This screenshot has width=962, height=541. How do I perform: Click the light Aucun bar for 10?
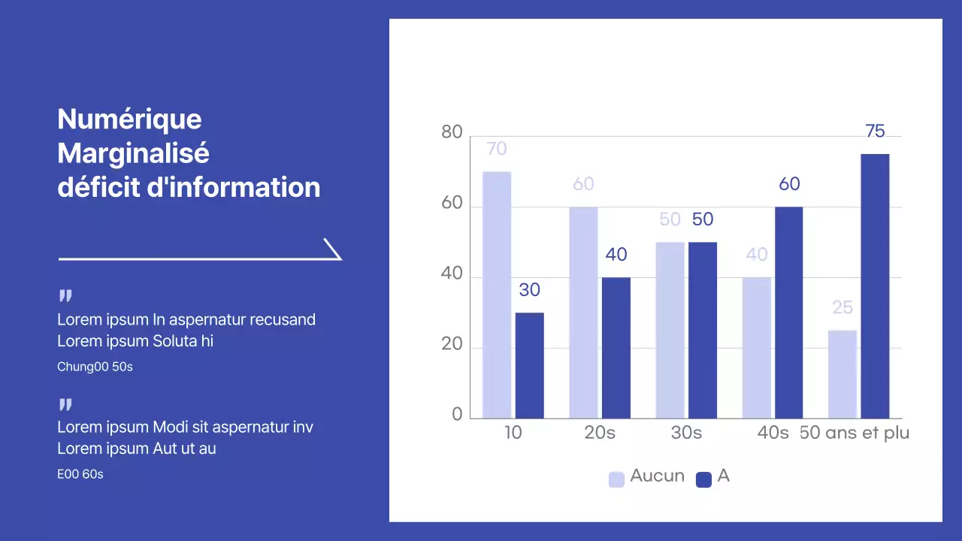[x=497, y=295]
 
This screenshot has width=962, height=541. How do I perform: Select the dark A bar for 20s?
[x=616, y=348]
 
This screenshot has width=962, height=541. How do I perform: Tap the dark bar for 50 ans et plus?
[x=875, y=286]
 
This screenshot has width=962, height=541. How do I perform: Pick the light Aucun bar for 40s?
[x=757, y=348]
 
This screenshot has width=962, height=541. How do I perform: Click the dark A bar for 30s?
[x=703, y=330]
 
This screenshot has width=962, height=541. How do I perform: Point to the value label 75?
[x=875, y=131]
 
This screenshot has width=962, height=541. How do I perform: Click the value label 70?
[x=497, y=149]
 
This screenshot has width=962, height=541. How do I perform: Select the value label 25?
[x=843, y=307]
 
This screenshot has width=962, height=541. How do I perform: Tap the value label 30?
[x=529, y=290]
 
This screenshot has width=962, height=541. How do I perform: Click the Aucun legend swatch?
[x=616, y=479]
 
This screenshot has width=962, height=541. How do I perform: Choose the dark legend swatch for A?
[x=703, y=479]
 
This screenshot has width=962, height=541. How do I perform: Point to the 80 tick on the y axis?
[x=452, y=132]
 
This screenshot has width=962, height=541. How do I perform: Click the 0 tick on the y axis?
[x=457, y=415]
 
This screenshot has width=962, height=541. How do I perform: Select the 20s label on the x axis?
[x=600, y=433]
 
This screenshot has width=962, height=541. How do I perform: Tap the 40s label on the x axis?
[x=773, y=433]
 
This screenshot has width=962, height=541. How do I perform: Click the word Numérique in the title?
[x=129, y=119]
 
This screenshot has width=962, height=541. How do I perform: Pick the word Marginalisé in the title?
[x=133, y=153]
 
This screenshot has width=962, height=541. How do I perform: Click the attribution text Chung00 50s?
[x=95, y=367]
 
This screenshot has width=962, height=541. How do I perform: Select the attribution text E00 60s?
[x=80, y=475]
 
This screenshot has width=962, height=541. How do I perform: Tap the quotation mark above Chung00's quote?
[x=65, y=297]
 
